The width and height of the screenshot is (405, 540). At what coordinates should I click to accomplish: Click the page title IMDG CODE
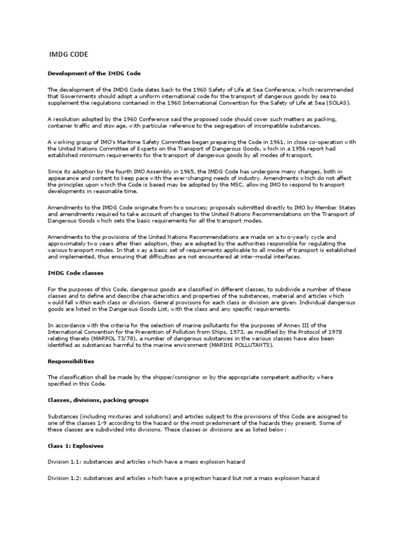(69, 54)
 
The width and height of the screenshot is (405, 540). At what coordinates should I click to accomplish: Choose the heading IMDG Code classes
(76, 273)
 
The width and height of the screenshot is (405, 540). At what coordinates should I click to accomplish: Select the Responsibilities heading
(71, 362)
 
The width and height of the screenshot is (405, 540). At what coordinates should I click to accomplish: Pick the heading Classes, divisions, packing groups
(98, 400)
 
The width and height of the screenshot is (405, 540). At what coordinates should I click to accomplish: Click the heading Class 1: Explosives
(73, 446)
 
